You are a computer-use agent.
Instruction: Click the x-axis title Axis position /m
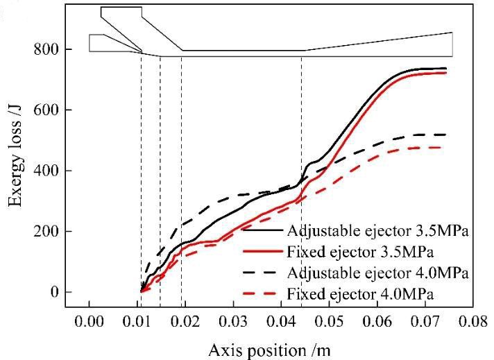(x=274, y=350)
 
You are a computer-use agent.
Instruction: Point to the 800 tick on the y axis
(x=44, y=50)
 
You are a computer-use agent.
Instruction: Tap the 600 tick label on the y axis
(x=44, y=110)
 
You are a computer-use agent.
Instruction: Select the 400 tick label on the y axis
(x=44, y=171)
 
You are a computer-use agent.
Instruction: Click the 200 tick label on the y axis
(x=44, y=231)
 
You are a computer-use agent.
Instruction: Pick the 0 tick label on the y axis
(x=54, y=292)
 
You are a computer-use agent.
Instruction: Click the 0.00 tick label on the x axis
(x=90, y=323)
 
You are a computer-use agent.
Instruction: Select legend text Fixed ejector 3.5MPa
(x=359, y=250)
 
